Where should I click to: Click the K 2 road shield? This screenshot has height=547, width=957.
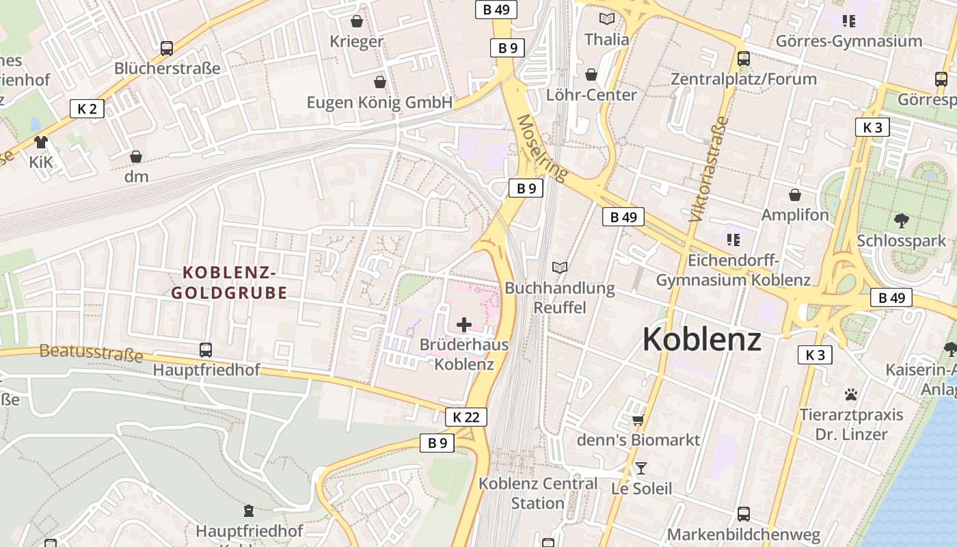click(x=87, y=108)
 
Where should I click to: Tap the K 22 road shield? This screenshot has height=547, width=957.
click(x=466, y=416)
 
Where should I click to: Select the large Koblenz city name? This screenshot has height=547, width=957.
click(x=702, y=339)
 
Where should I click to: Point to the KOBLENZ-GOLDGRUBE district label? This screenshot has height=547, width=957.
click(x=229, y=283)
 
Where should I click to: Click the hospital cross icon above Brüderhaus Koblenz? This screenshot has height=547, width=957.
click(x=464, y=324)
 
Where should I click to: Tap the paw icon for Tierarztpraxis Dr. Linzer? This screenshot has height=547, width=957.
click(x=851, y=395)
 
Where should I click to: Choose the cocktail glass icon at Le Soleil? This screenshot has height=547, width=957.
click(x=641, y=468)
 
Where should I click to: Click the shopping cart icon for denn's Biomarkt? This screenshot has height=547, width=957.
click(x=638, y=419)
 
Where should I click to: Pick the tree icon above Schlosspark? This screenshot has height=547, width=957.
click(x=902, y=220)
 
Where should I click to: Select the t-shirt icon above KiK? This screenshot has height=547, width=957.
click(x=41, y=142)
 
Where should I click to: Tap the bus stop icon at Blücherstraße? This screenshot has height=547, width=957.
click(x=167, y=49)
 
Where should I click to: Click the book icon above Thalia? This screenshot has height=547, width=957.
click(x=606, y=19)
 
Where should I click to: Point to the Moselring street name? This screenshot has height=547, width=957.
click(x=542, y=148)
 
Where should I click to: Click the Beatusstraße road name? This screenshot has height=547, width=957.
click(x=91, y=353)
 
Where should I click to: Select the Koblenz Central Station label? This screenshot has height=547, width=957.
click(x=538, y=493)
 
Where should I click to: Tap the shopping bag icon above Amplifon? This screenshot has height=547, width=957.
click(x=795, y=196)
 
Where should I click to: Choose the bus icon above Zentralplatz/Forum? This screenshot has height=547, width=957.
click(x=744, y=59)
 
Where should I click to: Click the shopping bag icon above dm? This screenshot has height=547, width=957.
click(x=136, y=157)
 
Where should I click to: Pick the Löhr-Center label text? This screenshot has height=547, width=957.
click(x=591, y=94)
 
